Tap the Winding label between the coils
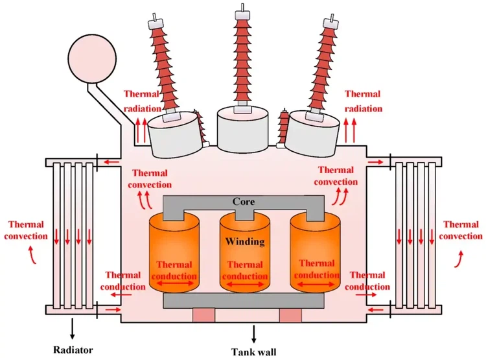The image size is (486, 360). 244,242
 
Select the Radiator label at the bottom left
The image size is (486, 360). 73,350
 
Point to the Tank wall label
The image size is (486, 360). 253,352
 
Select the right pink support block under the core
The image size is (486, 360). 290,315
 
